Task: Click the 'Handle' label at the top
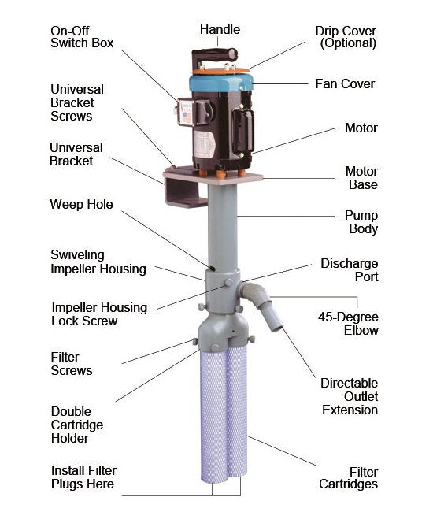[220, 30]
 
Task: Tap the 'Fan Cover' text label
[345, 84]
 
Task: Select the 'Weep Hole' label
[81, 205]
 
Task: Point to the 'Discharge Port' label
[349, 269]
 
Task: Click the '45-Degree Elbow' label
[348, 323]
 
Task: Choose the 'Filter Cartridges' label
[348, 477]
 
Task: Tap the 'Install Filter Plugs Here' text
[83, 477]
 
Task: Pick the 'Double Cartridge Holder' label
[77, 425]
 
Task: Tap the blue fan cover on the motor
[221, 82]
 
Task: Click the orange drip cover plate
[220, 71]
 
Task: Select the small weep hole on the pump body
[213, 269]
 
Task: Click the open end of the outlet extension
[277, 327]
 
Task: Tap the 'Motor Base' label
[361, 178]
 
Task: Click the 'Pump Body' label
[361, 222]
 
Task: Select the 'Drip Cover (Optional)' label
[346, 37]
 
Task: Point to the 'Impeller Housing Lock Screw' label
[99, 314]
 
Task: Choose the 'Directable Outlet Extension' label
[349, 396]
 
